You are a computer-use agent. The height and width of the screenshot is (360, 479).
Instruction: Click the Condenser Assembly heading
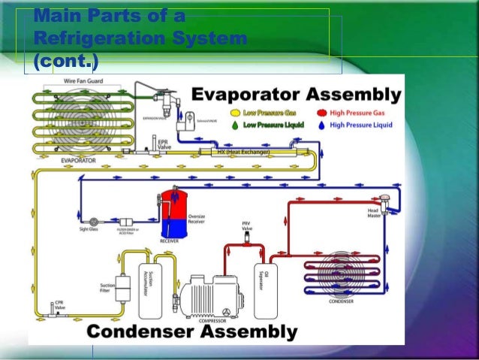(x=191, y=331)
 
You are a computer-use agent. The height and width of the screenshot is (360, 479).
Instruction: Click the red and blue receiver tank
(x=173, y=214)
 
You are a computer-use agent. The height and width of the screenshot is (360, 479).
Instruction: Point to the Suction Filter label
(x=107, y=288)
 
